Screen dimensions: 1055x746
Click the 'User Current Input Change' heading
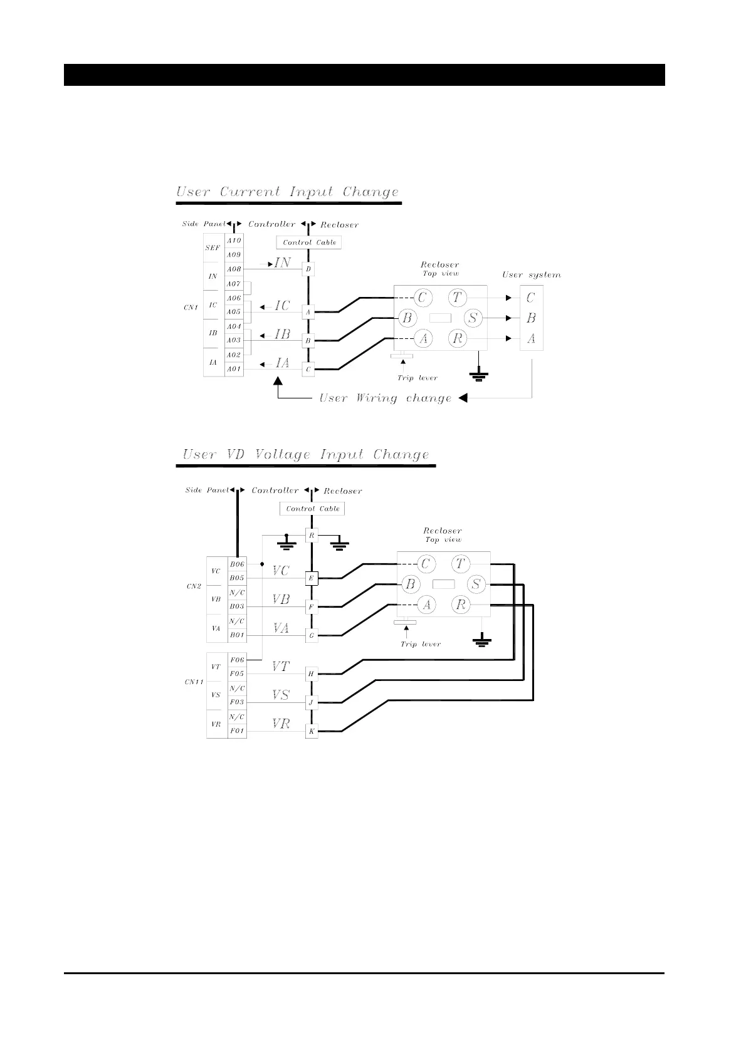pos(287,192)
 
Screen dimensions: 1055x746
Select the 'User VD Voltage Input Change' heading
pos(306,455)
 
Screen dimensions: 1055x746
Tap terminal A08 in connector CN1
pos(234,269)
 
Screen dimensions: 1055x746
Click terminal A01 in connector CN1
pos(234,369)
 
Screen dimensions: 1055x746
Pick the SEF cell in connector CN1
pos(213,248)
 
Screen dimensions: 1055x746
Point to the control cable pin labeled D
pos(308,269)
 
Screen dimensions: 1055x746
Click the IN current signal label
pos(282,263)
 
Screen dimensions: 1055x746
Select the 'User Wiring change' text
pos(385,398)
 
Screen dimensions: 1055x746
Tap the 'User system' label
pos(531,275)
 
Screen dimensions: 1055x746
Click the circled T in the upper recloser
pos(457,298)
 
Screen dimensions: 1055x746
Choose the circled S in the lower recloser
pos(476,585)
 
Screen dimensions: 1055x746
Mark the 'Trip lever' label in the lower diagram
pos(421,644)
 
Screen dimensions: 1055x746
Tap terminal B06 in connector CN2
pos(236,564)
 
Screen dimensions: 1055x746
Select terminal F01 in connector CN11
pos(236,730)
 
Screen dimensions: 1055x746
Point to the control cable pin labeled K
pos(312,731)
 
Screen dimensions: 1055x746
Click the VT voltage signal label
pos(281,667)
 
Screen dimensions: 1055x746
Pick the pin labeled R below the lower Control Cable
pos(312,536)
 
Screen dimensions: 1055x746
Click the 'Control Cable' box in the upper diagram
pos(309,242)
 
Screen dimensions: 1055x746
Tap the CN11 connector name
pos(194,682)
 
